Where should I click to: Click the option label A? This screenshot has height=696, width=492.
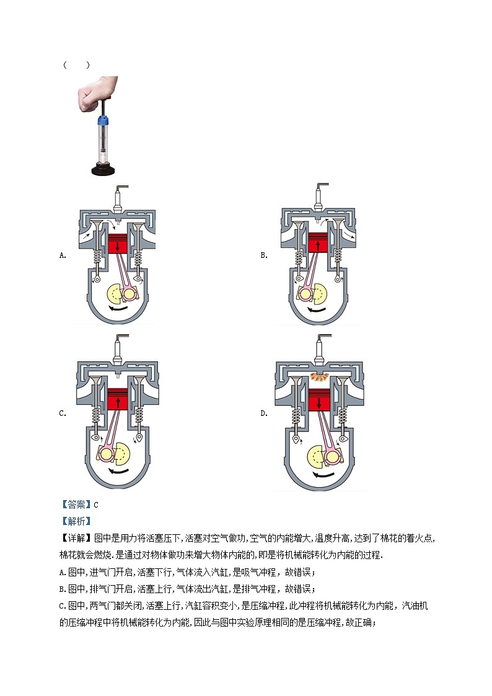[x=63, y=255]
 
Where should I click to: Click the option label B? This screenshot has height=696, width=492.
[x=264, y=255]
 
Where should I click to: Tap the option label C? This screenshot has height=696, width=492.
[x=63, y=413]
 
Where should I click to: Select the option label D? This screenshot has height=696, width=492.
[x=264, y=413]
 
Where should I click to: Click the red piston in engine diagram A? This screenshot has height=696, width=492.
[x=118, y=244]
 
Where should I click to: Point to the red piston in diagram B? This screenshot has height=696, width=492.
[x=318, y=242]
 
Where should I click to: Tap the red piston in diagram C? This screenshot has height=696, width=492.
[x=118, y=400]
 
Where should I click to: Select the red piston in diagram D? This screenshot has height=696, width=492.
[x=318, y=400]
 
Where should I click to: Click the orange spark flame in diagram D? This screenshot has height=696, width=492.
[x=318, y=377]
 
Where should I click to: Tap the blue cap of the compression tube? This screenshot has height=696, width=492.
[x=103, y=120]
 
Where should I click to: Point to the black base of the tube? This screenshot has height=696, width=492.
[x=103, y=169]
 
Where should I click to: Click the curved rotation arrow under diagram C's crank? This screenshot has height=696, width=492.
[x=119, y=470]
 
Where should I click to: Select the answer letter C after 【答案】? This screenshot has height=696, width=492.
[x=96, y=504]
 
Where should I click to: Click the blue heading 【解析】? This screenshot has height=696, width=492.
[x=76, y=522]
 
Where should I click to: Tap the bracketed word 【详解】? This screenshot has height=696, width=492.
[x=76, y=539]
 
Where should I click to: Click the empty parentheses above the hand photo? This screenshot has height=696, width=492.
[x=76, y=65]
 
